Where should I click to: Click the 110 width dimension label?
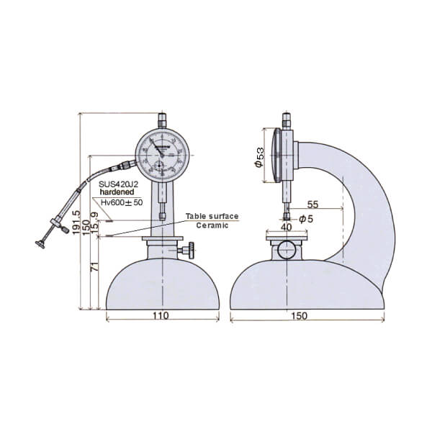click(161, 316)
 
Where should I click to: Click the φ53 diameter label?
click(259, 157)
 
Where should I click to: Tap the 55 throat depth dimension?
click(312, 204)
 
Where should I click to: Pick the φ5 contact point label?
click(305, 218)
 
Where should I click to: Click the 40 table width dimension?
click(286, 227)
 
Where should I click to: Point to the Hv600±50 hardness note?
click(122, 202)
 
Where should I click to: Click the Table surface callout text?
click(212, 216)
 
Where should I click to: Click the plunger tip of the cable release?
click(41, 246)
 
